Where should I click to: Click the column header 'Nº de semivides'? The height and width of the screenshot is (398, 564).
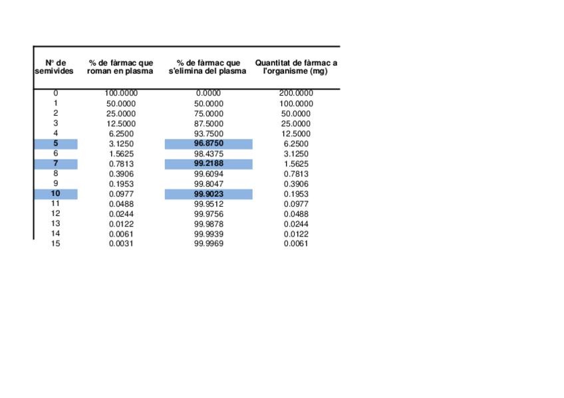[55, 67]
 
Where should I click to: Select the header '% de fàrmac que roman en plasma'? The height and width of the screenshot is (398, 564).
[120, 67]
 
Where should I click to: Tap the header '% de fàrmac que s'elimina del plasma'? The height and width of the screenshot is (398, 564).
[208, 67]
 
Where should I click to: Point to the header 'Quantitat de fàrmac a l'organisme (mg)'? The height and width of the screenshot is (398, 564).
[296, 67]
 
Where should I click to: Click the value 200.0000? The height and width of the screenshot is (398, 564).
[296, 94]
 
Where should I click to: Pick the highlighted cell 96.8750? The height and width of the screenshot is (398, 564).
[209, 144]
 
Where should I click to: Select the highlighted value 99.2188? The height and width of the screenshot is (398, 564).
[209, 163]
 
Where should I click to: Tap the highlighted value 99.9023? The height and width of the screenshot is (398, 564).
[209, 194]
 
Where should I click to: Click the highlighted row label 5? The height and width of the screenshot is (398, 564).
[56, 144]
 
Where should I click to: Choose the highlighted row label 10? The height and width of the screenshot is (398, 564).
[56, 194]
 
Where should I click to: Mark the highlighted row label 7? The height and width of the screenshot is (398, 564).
[56, 163]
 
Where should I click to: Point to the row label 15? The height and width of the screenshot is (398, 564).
[56, 244]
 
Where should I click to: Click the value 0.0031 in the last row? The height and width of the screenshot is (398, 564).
[121, 244]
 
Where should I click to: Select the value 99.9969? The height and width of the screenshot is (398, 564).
[209, 244]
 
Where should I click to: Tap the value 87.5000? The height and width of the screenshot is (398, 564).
[209, 124]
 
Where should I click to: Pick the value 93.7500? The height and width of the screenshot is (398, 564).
[209, 134]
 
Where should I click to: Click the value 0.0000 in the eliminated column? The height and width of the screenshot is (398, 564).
[209, 94]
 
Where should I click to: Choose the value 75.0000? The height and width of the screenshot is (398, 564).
[209, 114]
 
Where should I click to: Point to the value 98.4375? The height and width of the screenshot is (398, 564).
[209, 153]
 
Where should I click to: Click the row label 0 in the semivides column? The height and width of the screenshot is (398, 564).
[56, 94]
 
